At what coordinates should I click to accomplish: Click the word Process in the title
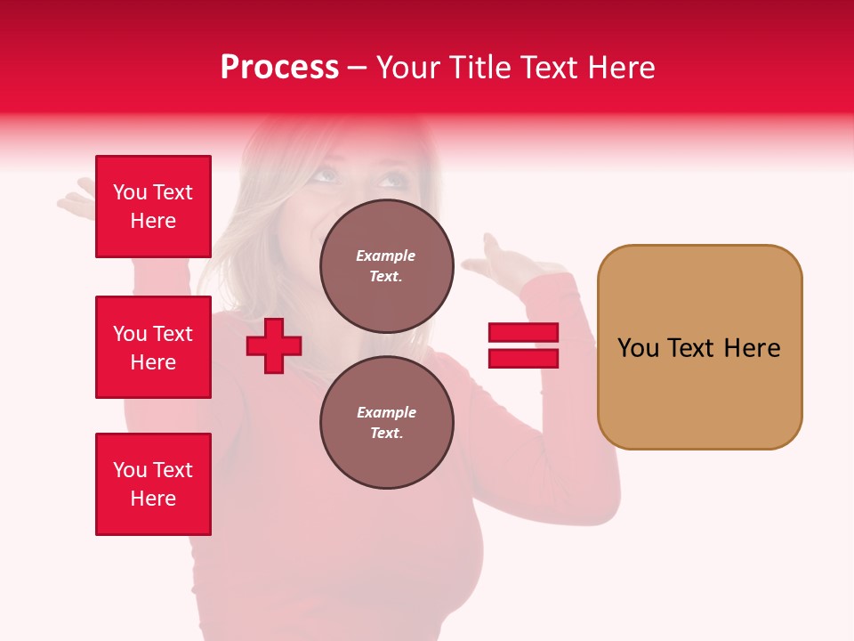[x=279, y=68]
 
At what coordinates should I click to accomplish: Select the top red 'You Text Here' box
[x=153, y=207]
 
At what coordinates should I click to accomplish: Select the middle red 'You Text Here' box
[x=153, y=347]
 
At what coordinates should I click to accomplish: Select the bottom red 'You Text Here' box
[x=153, y=484]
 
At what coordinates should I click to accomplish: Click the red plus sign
[x=274, y=345]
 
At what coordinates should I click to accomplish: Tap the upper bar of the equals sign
[x=523, y=333]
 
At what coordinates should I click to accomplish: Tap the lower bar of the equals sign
[x=523, y=359]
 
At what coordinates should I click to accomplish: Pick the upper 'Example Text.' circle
[x=386, y=265]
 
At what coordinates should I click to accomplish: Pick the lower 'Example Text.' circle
[x=386, y=422]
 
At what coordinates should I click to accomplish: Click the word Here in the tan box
[x=752, y=348]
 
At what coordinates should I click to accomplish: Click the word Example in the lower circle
[x=386, y=412]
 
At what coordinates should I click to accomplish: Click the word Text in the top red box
[x=173, y=192]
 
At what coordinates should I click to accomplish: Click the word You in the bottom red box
[x=130, y=470]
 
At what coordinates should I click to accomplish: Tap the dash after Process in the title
[x=358, y=69]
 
